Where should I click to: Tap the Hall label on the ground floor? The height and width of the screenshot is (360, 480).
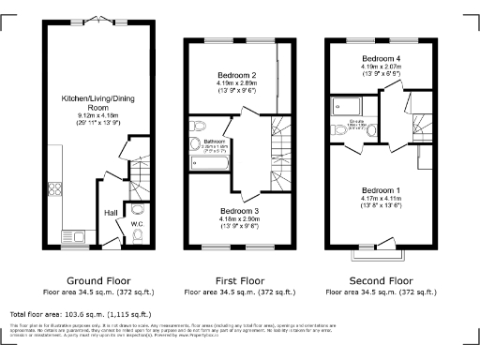click(111, 213)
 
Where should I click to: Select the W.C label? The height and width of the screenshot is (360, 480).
click(137, 223)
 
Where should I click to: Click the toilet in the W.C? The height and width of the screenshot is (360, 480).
click(138, 210)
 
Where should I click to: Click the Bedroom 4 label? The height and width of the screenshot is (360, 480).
click(382, 58)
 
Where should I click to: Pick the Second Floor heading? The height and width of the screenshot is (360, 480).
click(381, 280)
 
